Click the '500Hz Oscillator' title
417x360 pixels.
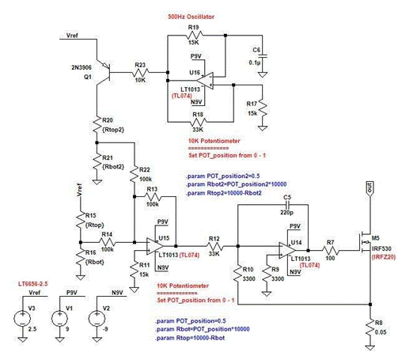coord(192,16)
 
